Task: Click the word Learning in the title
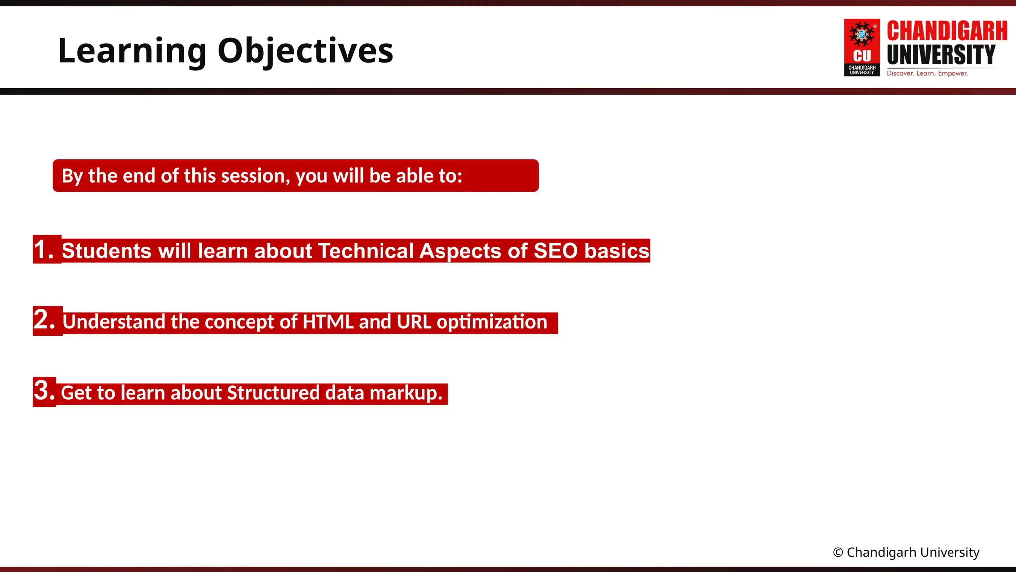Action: [x=132, y=51]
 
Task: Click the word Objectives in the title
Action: [x=305, y=51]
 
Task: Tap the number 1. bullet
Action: [x=44, y=249]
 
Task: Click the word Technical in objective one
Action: [x=366, y=251]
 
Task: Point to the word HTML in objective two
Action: [x=328, y=322]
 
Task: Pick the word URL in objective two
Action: [x=414, y=322]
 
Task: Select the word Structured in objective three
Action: [x=273, y=393]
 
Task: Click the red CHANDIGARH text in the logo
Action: [x=947, y=31]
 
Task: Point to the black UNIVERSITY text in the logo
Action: [x=941, y=55]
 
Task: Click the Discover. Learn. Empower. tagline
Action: [x=927, y=73]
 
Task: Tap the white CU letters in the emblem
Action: [x=862, y=56]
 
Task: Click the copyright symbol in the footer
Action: [x=838, y=553]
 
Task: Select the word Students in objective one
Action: [x=106, y=251]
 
